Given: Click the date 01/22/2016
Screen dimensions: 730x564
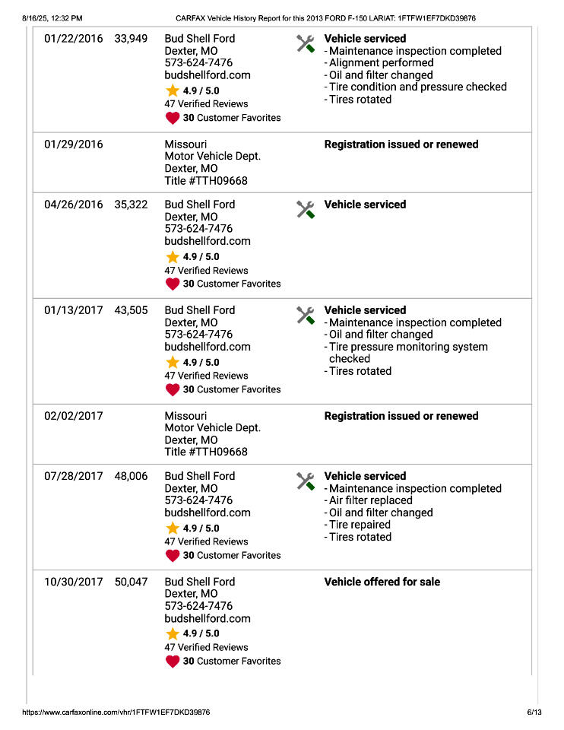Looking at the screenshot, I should pos(73,39).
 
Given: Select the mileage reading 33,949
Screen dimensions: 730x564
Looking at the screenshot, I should pos(131,39).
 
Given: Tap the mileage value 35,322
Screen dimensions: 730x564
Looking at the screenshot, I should pos(131,205).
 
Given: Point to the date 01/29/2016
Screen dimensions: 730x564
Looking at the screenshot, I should pos(73,144).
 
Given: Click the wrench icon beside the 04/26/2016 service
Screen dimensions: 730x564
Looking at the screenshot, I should pos(306,209).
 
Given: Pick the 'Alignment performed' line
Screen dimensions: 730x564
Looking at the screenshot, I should pos(375,63).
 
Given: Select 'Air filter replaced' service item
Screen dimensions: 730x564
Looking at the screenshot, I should pos(370,500).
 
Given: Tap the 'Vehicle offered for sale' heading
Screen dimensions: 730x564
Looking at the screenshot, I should pos(382,582).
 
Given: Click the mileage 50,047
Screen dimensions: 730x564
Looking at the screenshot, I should pos(131,582).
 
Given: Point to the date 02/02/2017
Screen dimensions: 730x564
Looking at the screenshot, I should pos(73,416).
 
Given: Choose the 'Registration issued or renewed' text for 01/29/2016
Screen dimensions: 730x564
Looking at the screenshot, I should pos(401,144).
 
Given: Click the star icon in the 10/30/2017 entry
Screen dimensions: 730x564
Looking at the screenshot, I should pos(173,633).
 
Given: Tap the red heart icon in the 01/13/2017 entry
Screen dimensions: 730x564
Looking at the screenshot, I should pos(173,389).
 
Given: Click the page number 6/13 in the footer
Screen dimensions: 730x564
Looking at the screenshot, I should pos(534,713).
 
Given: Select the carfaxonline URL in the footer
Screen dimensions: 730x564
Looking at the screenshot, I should pos(116,713).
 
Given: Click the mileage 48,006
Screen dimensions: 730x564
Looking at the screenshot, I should pos(131,476).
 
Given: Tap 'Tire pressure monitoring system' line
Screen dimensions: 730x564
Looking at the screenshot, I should pos(408,347).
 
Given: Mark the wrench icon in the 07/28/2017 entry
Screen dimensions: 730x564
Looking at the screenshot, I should pos(306,481).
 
